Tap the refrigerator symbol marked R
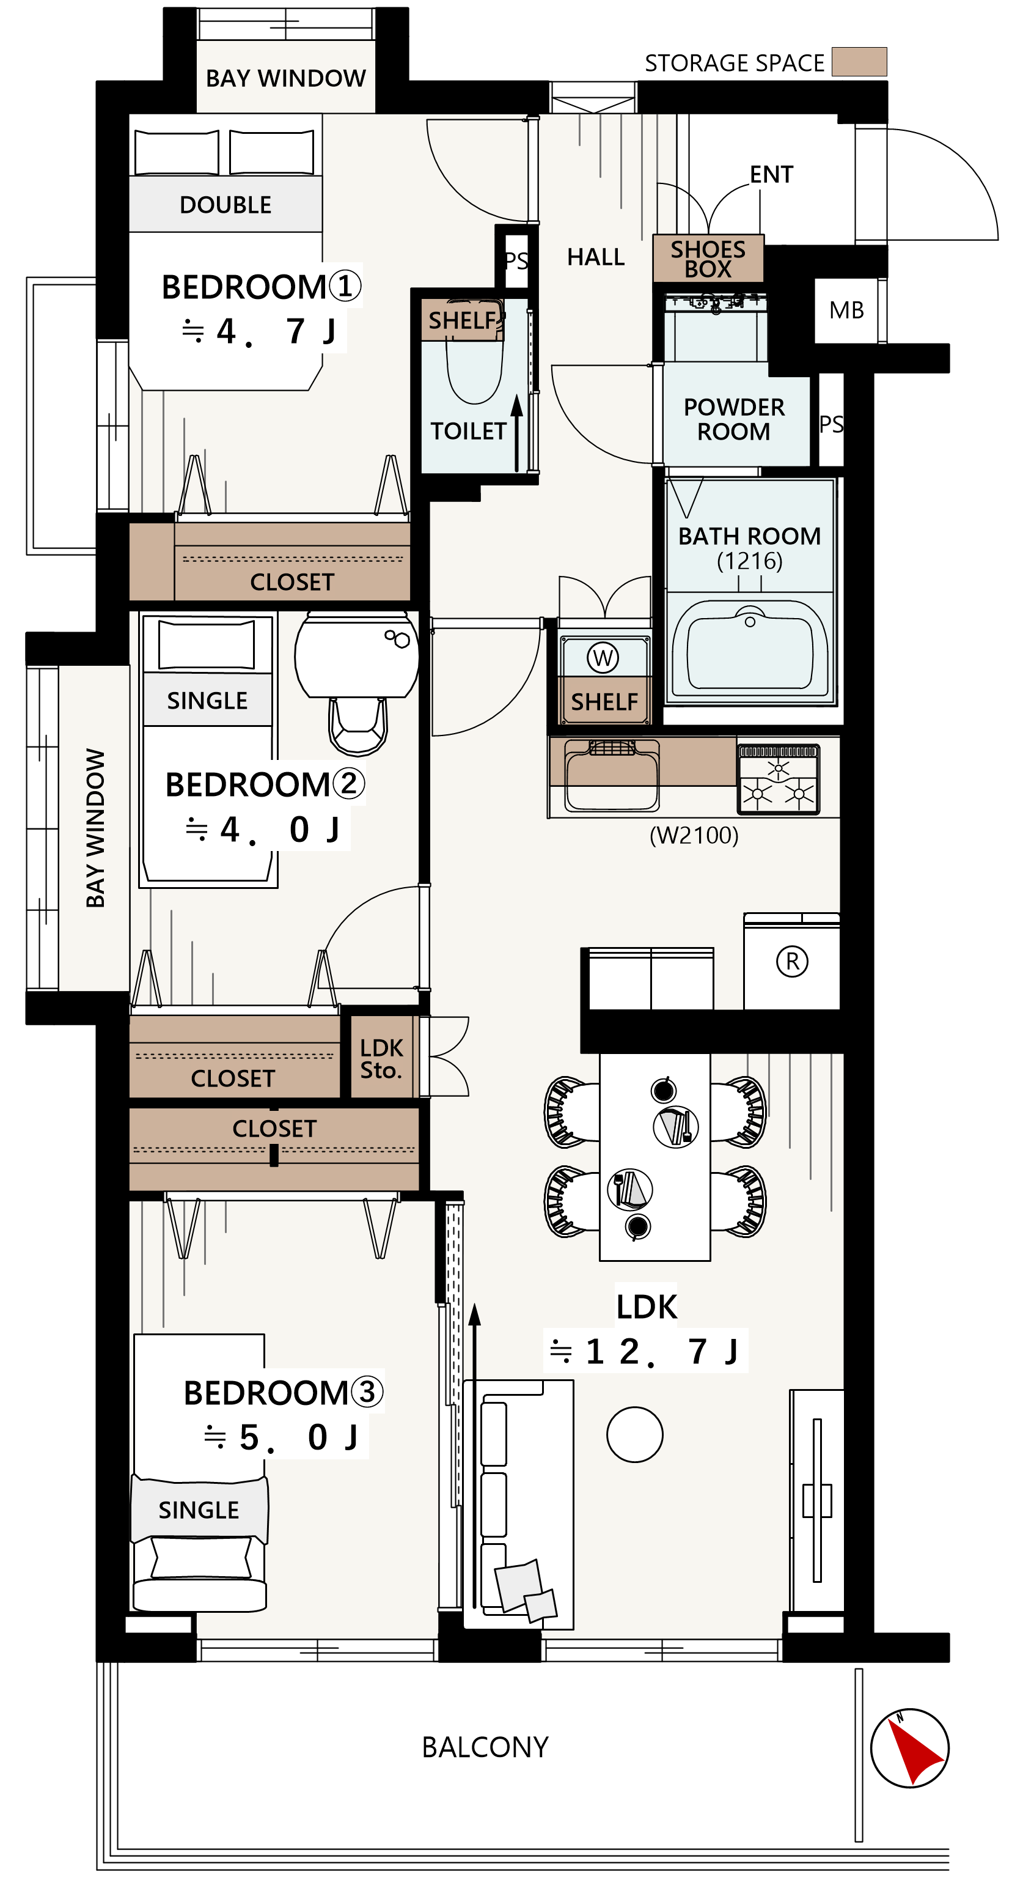click(x=792, y=961)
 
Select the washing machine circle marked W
click(x=603, y=657)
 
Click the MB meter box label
click(x=846, y=310)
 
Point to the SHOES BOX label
click(x=708, y=259)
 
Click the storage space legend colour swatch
click(x=859, y=62)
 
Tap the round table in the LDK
click(x=635, y=1434)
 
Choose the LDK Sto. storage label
click(x=381, y=1058)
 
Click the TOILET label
click(x=468, y=431)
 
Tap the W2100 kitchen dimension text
click(x=694, y=835)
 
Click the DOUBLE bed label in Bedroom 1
click(x=226, y=205)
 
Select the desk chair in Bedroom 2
click(x=358, y=725)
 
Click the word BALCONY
click(x=485, y=1747)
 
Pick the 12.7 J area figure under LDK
click(x=646, y=1351)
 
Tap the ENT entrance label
click(x=771, y=175)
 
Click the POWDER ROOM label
click(x=734, y=419)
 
